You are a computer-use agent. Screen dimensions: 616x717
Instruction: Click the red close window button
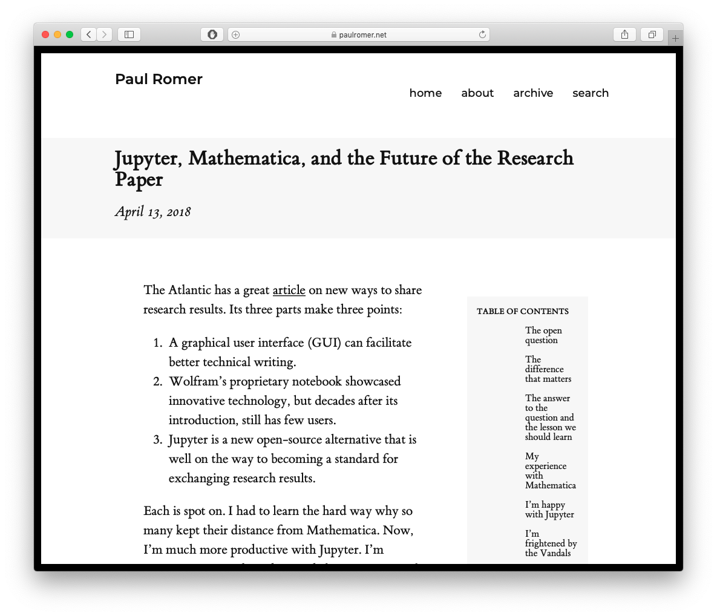point(45,34)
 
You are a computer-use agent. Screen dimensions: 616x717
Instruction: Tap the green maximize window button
point(70,34)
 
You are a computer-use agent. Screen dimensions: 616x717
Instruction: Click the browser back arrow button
point(89,34)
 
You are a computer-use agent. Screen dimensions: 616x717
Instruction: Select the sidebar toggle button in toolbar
point(129,34)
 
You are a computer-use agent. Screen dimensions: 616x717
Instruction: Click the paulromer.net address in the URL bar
point(362,35)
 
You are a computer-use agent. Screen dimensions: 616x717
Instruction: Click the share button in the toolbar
point(624,34)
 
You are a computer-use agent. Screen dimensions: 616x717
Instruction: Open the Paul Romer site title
point(159,79)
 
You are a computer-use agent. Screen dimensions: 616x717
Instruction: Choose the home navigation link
point(425,93)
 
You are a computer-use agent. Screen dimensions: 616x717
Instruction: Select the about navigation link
point(477,93)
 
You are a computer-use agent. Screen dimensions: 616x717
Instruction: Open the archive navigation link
point(533,93)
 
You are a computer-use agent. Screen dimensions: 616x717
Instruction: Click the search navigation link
point(591,93)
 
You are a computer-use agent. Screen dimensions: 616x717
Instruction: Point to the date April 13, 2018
point(153,212)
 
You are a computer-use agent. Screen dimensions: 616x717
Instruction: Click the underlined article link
point(289,290)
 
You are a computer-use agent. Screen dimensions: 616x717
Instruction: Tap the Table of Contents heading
point(523,311)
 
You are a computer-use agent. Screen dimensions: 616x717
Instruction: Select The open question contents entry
point(543,335)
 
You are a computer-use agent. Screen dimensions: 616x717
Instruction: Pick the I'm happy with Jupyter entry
point(549,510)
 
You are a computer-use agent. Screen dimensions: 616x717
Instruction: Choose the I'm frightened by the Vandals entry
point(550,543)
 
